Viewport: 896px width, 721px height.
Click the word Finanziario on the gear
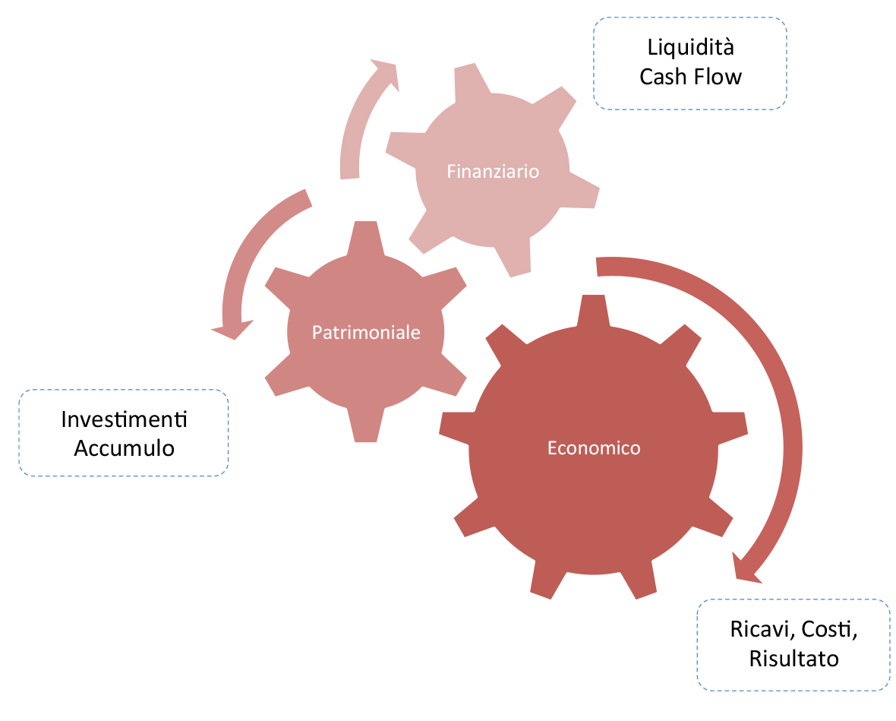click(x=493, y=171)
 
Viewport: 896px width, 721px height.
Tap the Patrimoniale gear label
click(x=366, y=332)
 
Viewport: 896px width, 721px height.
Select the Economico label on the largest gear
click(x=594, y=447)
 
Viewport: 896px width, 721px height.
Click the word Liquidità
click(x=690, y=47)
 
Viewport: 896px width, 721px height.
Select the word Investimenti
click(x=124, y=419)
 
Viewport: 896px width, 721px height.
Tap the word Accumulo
click(x=124, y=448)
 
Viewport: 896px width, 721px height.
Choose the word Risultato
click(x=793, y=658)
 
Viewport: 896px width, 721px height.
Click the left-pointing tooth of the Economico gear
click(x=456, y=424)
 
